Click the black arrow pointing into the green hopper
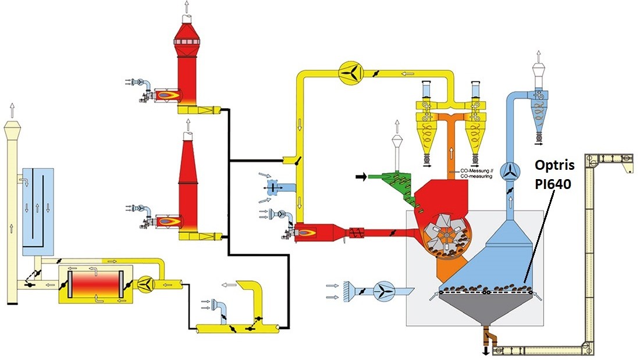coord(362,177)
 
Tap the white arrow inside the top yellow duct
coord(408,73)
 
